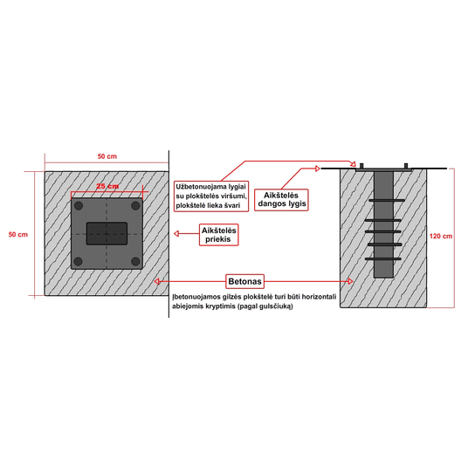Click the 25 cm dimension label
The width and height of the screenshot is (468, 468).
click(x=107, y=186)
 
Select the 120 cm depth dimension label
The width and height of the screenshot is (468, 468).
click(x=441, y=236)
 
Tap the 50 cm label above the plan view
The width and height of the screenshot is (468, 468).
click(x=107, y=156)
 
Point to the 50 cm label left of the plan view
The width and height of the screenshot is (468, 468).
click(x=18, y=235)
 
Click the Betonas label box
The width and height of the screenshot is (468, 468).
click(x=244, y=281)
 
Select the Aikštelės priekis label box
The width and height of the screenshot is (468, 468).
click(x=219, y=235)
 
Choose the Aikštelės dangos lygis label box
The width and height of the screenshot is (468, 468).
click(x=281, y=200)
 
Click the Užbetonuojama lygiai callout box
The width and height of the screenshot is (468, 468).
click(x=211, y=196)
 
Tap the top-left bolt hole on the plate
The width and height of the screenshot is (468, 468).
click(x=79, y=206)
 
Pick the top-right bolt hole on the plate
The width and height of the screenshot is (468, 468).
click(x=135, y=206)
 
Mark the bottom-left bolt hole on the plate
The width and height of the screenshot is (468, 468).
click(x=79, y=261)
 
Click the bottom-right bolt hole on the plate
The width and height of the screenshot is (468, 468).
click(x=135, y=261)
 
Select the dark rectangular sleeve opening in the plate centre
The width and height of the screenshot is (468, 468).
click(x=107, y=233)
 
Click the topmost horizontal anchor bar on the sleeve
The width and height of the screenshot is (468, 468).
click(x=387, y=200)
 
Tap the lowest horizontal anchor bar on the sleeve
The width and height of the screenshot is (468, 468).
click(x=383, y=258)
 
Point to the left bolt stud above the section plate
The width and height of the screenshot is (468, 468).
click(x=361, y=166)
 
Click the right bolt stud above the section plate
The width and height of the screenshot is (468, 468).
click(x=406, y=166)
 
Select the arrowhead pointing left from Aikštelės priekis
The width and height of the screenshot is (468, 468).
click(x=176, y=233)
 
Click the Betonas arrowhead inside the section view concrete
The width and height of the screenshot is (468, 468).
click(x=350, y=281)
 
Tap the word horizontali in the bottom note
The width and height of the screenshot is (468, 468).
click(x=319, y=297)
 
